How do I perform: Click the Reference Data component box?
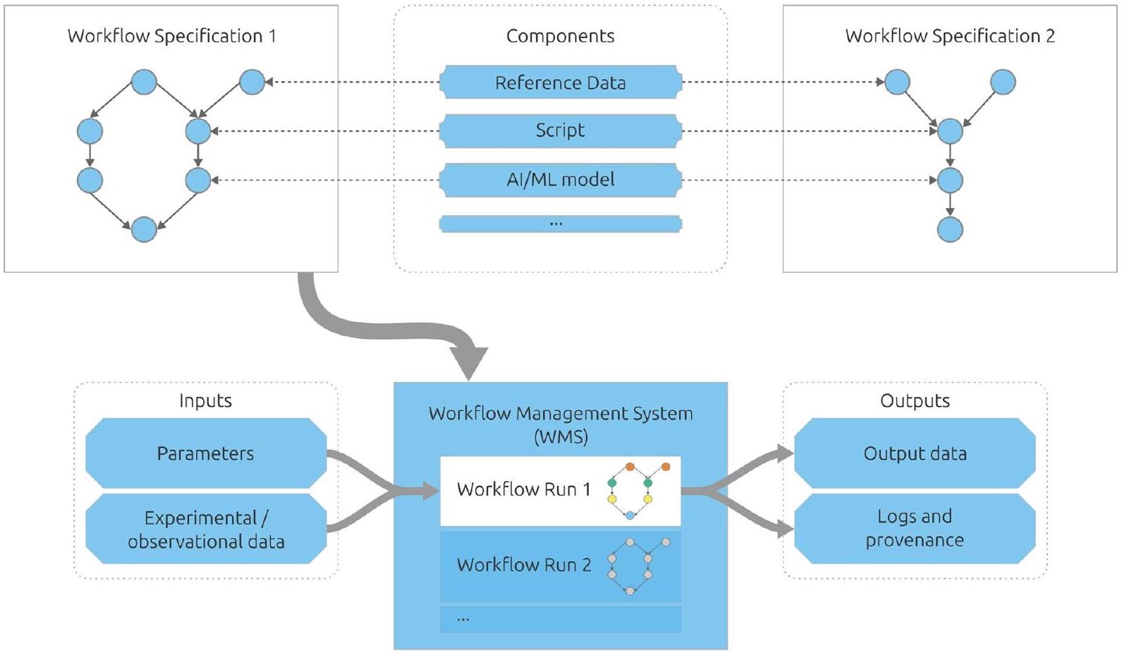point(560,83)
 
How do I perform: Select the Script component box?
point(560,130)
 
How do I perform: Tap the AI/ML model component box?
point(560,180)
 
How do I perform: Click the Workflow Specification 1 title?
point(171,36)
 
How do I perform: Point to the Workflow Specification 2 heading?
point(949,36)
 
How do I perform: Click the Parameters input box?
point(205,453)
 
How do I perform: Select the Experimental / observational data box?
point(205,529)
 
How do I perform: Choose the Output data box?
point(915,453)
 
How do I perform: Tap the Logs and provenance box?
point(915,527)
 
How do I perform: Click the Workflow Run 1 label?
point(523,489)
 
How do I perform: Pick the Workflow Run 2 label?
point(523,565)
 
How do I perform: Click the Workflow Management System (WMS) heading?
point(561,424)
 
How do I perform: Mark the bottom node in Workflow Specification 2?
point(950,230)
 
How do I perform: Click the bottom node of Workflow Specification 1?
point(144,230)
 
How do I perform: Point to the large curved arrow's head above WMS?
point(468,364)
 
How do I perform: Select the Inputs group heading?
point(205,401)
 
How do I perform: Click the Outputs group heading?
point(915,401)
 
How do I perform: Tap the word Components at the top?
point(560,36)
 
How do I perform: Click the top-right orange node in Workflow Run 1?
point(665,467)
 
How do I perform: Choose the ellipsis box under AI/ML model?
point(560,224)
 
